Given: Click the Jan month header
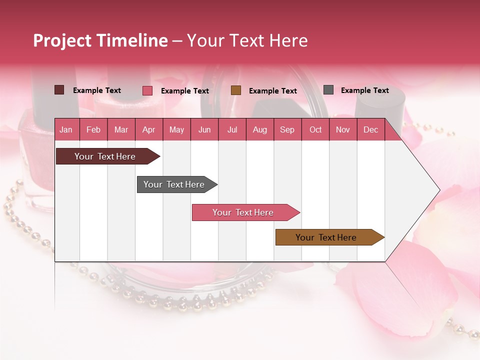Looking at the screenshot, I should [x=66, y=130].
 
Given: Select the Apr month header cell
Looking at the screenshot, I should [x=148, y=130].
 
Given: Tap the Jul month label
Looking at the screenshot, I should [x=232, y=130].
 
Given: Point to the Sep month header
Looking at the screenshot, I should [x=287, y=130].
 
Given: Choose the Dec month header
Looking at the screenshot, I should [x=370, y=130].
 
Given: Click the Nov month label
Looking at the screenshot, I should [x=342, y=130].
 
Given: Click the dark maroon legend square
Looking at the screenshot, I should [x=59, y=90].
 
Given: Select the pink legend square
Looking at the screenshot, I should [x=147, y=90].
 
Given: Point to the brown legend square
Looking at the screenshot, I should [x=236, y=90].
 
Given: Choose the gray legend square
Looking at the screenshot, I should [x=328, y=90].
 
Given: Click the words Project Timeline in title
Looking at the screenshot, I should [x=100, y=40].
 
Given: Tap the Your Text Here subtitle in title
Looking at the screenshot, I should [x=247, y=40].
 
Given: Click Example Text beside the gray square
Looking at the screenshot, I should [x=364, y=90].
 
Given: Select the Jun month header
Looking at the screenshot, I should [x=204, y=130].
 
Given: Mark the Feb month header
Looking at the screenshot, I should [x=93, y=130].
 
